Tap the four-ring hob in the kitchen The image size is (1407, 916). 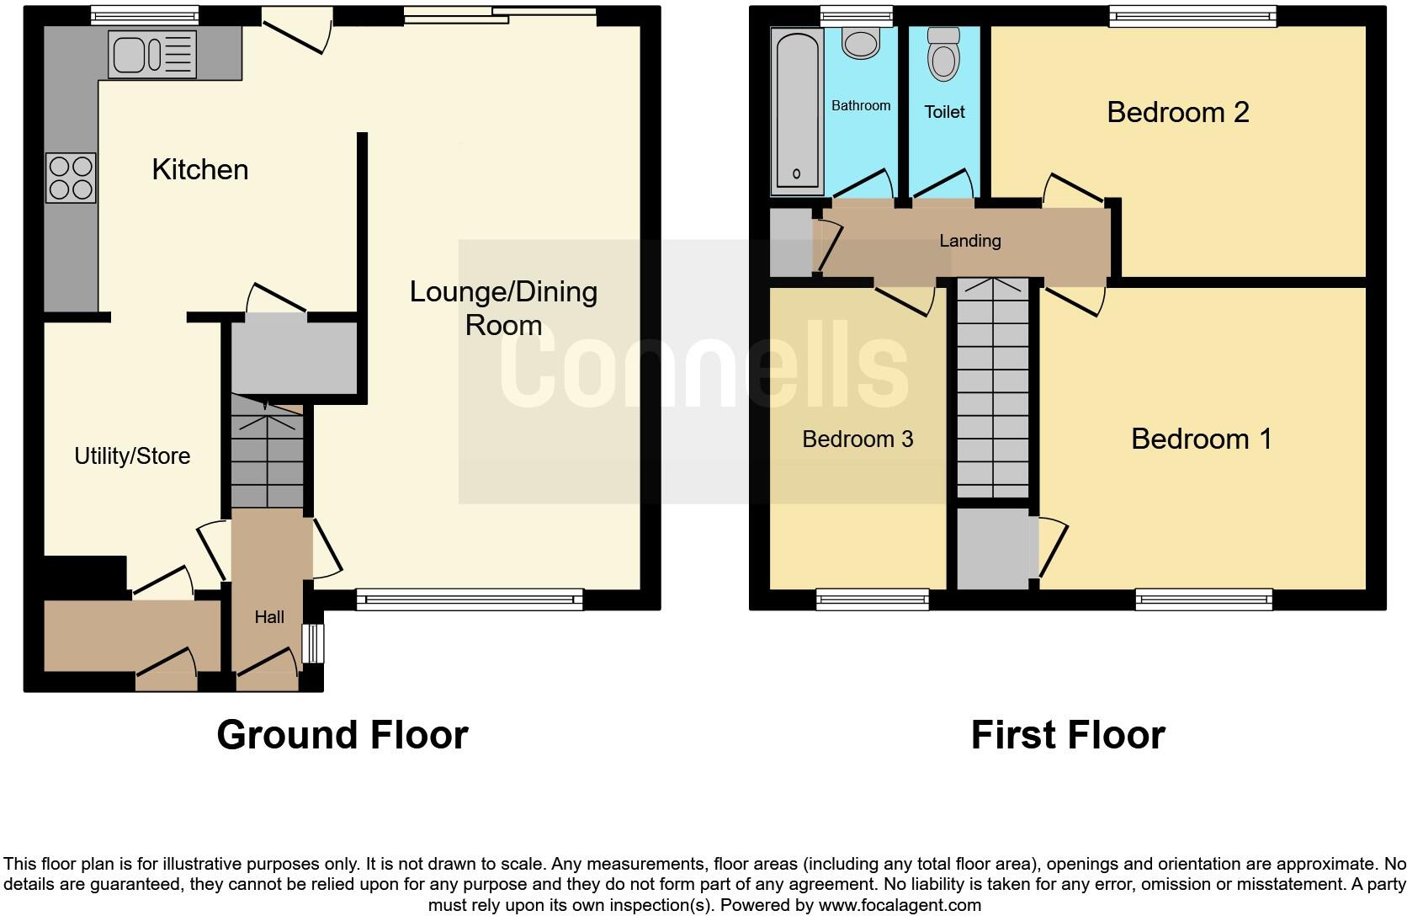coord(71,178)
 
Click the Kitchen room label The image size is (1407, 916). coord(199,170)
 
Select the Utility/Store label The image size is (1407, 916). coord(132,456)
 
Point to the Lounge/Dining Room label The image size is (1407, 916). coord(503,308)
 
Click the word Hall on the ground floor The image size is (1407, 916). coord(269,617)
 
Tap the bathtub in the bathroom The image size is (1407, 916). coord(796,109)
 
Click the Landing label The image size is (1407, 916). coord(969,241)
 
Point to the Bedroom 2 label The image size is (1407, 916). coord(1177,112)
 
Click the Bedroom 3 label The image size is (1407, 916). coord(857,439)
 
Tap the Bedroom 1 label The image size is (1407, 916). coord(1201,439)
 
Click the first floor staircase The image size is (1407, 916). coord(993,387)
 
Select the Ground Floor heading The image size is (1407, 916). coord(342,735)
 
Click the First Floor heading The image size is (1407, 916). coord(1067,735)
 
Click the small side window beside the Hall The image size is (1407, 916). coord(312,643)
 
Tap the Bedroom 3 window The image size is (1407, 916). coord(872,599)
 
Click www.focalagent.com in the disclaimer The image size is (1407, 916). coord(900,906)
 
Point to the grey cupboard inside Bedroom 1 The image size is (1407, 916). coord(993,548)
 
